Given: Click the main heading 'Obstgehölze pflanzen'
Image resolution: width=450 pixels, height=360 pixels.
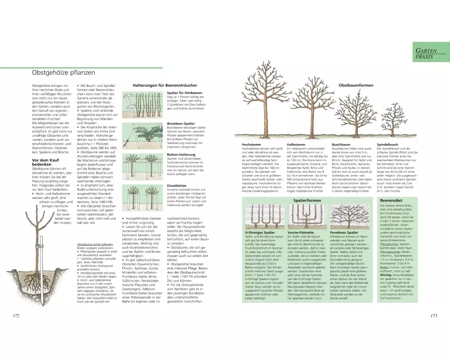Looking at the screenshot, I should pos(63,72).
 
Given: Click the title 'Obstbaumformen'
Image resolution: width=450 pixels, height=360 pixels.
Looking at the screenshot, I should pos(356,85).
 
